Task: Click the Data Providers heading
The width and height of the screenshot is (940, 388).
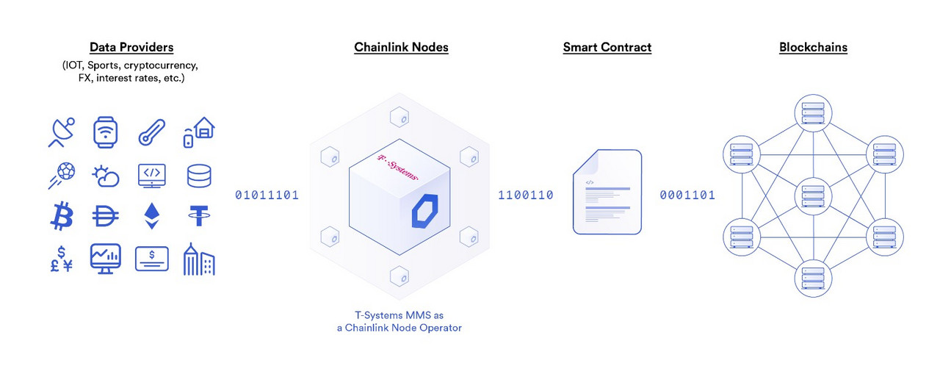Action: pyautogui.click(x=131, y=47)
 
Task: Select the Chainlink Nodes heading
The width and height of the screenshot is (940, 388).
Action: pyautogui.click(x=401, y=47)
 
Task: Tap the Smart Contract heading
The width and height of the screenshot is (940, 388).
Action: pyautogui.click(x=607, y=47)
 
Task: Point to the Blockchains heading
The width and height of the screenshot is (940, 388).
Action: pyautogui.click(x=813, y=47)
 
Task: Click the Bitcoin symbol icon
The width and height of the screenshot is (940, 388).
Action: pyautogui.click(x=62, y=216)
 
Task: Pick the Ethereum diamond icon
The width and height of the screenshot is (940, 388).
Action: pyautogui.click(x=151, y=216)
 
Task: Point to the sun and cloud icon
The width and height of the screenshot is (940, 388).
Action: pyautogui.click(x=106, y=176)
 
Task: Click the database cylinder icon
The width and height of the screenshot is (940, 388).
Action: pyautogui.click(x=199, y=175)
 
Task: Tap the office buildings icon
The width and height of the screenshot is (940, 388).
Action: pyautogui.click(x=199, y=259)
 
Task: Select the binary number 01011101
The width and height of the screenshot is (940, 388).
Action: pyautogui.click(x=267, y=195)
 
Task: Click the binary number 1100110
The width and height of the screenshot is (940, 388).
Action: pyautogui.click(x=526, y=195)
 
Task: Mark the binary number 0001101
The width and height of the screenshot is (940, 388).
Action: pyautogui.click(x=687, y=195)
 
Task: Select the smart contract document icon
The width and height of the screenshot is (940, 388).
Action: pyautogui.click(x=607, y=192)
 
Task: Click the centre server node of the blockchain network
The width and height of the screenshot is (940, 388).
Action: pyautogui.click(x=813, y=195)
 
